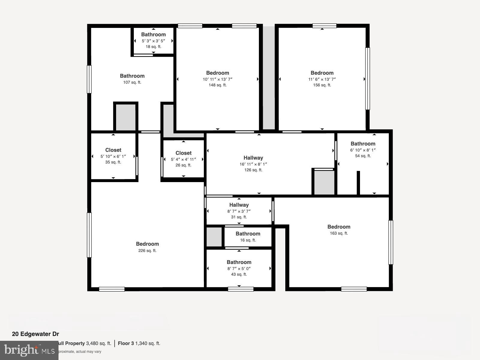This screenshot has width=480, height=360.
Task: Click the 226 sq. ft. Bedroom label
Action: (147, 244)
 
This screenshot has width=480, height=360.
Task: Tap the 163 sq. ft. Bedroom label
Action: (339, 227)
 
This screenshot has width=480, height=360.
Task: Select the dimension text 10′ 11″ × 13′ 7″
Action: (217, 79)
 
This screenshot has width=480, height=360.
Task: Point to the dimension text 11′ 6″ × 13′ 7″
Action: (322, 79)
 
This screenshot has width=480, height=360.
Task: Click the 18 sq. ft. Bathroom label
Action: (153, 35)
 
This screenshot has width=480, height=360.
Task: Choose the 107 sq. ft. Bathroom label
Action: (132, 76)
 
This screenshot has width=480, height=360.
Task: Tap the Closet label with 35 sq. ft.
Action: (113, 150)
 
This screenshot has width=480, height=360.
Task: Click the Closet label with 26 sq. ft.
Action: (183, 153)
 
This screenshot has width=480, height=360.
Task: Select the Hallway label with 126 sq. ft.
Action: (253, 158)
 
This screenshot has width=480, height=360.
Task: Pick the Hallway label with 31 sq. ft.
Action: (239, 205)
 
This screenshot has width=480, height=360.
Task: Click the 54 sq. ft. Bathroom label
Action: (363, 144)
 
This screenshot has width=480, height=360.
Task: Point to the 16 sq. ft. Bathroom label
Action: (248, 234)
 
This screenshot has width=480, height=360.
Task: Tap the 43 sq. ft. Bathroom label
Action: (239, 262)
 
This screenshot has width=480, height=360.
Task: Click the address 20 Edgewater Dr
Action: (35, 334)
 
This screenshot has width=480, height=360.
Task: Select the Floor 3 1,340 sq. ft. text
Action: (139, 343)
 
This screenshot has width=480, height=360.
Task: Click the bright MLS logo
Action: (29, 350)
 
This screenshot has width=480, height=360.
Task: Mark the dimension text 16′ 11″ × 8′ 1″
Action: (253, 164)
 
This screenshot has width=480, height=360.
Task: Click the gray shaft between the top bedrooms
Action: (269, 78)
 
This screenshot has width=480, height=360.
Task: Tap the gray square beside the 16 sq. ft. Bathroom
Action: (214, 237)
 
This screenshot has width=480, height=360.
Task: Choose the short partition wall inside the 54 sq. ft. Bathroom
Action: (358, 183)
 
